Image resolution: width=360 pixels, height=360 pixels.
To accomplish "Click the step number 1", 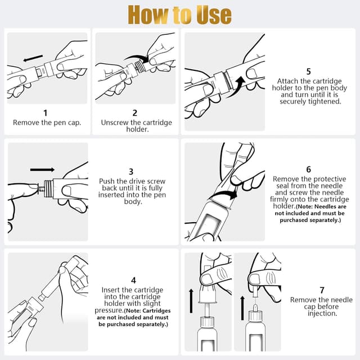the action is [x=46, y=112].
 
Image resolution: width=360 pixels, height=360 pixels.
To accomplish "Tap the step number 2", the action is [x=135, y=112].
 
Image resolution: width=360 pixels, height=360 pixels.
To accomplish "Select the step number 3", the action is [x=131, y=172].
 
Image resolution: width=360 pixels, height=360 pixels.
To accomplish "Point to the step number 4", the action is [x=133, y=280].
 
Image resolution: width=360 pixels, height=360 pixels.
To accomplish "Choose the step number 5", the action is [x=309, y=71].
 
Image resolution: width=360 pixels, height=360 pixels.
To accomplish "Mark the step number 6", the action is [x=309, y=169].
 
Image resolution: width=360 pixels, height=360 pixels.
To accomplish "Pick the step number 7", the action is [x=322, y=290].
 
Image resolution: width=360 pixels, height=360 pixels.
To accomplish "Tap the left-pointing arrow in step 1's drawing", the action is [x=33, y=58].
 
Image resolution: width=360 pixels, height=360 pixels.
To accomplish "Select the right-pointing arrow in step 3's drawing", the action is [x=43, y=170].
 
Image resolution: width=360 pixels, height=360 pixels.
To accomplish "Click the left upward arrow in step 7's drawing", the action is [x=191, y=301].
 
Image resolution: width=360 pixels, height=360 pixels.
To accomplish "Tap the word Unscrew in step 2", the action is [x=115, y=123].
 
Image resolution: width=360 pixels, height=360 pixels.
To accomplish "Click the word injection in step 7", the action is [x=322, y=313].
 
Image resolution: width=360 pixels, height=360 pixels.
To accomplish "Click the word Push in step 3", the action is [x=107, y=181].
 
